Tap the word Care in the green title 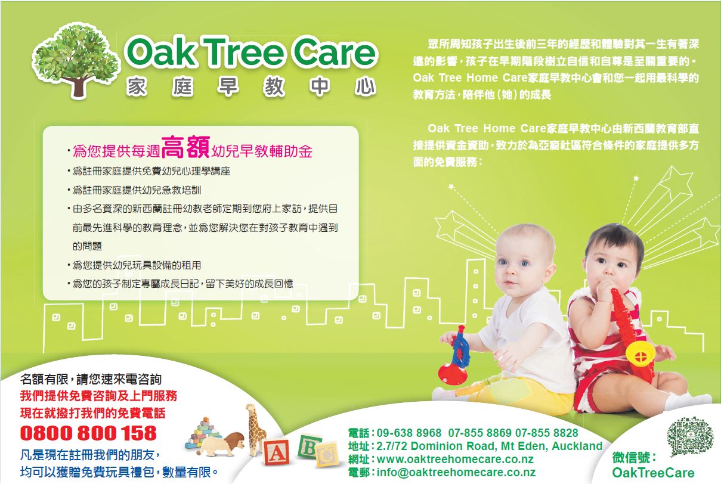click(335, 52)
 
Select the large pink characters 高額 click(185, 147)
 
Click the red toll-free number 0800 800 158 click(88, 433)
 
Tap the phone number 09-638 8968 click(409, 433)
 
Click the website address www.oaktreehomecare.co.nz click(455, 459)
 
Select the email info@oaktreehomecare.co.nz click(456, 472)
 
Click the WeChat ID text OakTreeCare click(654, 473)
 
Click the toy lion click(222, 444)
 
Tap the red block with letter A click(276, 452)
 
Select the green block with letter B click(309, 446)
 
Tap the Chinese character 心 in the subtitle click(365, 87)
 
